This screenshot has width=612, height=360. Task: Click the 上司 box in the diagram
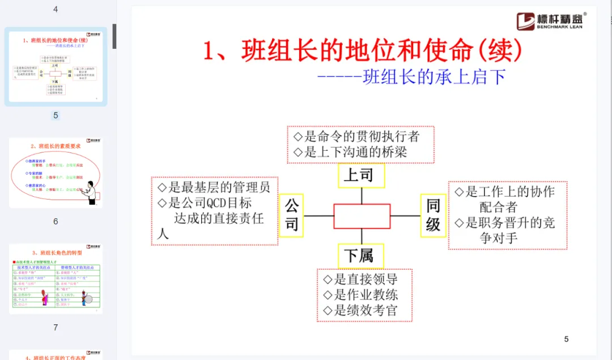361,176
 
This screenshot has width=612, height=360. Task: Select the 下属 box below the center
360,256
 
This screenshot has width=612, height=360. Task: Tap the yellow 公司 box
291,215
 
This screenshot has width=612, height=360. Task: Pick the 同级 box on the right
433,215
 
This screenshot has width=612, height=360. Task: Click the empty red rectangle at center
362,216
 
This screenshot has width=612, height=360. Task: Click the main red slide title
363,51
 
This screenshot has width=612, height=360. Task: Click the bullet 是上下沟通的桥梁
350,152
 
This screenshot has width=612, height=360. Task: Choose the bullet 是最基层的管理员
214,188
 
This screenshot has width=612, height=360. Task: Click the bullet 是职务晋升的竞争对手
504,230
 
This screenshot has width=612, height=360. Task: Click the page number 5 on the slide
566,339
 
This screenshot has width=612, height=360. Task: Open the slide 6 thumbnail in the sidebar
56,173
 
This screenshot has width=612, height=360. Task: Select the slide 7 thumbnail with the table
56,279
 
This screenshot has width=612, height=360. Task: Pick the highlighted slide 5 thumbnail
56,67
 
